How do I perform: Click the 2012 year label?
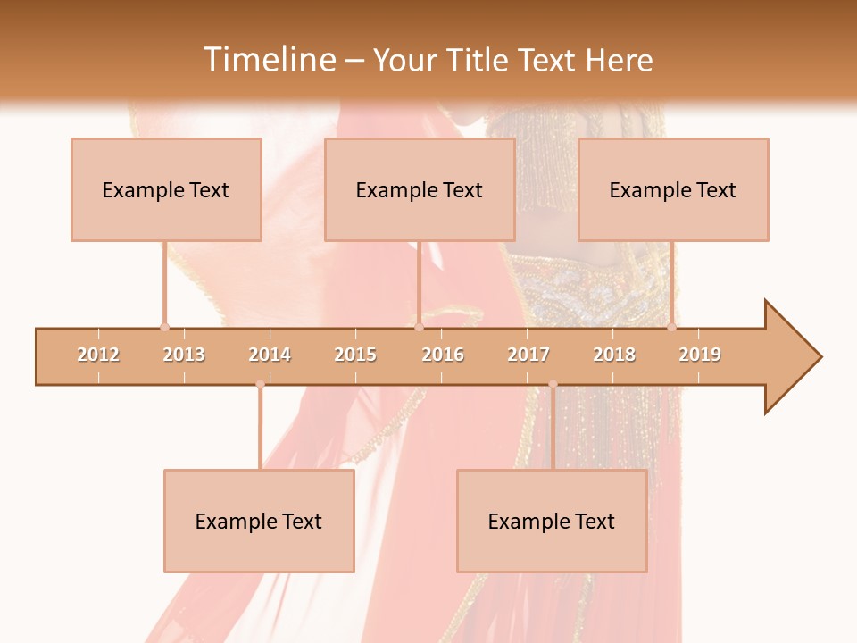point(98,355)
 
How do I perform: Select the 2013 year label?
point(184,355)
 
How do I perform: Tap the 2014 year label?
point(270,355)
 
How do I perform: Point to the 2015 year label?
point(355,355)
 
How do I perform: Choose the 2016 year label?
point(443,355)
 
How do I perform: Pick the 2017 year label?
point(528,355)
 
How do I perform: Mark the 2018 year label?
point(614,355)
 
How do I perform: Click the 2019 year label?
point(700,355)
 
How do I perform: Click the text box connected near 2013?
point(166,189)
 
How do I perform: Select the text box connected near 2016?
point(420,189)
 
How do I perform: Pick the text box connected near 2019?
point(673,189)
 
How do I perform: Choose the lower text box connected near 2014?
point(259,521)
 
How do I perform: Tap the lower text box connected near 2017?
point(552,521)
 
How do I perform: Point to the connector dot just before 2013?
point(164,327)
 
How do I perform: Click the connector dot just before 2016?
point(419,327)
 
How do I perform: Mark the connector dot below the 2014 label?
point(260,384)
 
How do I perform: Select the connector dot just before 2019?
point(672,327)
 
